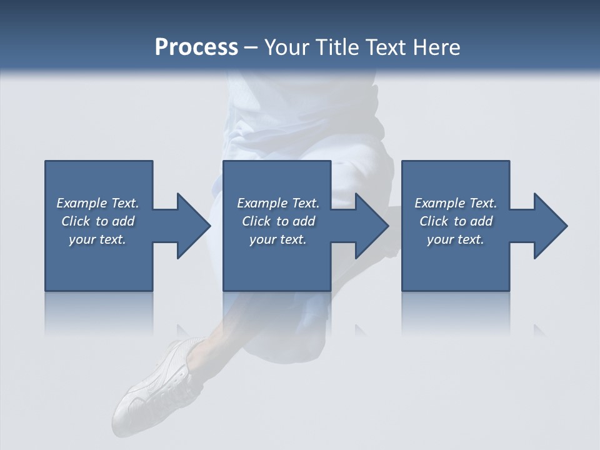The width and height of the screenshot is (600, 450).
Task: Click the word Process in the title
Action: click(x=196, y=47)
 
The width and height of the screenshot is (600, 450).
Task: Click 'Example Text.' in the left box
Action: click(x=97, y=203)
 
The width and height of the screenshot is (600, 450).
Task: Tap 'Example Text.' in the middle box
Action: click(x=277, y=203)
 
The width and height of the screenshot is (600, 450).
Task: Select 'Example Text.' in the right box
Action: click(x=456, y=203)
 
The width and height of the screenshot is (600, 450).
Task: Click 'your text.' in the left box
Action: click(x=97, y=239)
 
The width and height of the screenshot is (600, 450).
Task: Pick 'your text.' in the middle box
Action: click(x=277, y=239)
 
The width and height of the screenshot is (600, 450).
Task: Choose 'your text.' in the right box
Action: click(x=456, y=239)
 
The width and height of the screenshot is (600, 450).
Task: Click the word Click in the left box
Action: click(x=76, y=221)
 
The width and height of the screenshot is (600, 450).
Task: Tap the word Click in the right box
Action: click(x=434, y=221)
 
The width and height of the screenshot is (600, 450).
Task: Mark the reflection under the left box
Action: click(x=99, y=312)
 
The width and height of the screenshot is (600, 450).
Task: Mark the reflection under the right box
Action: click(x=456, y=312)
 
